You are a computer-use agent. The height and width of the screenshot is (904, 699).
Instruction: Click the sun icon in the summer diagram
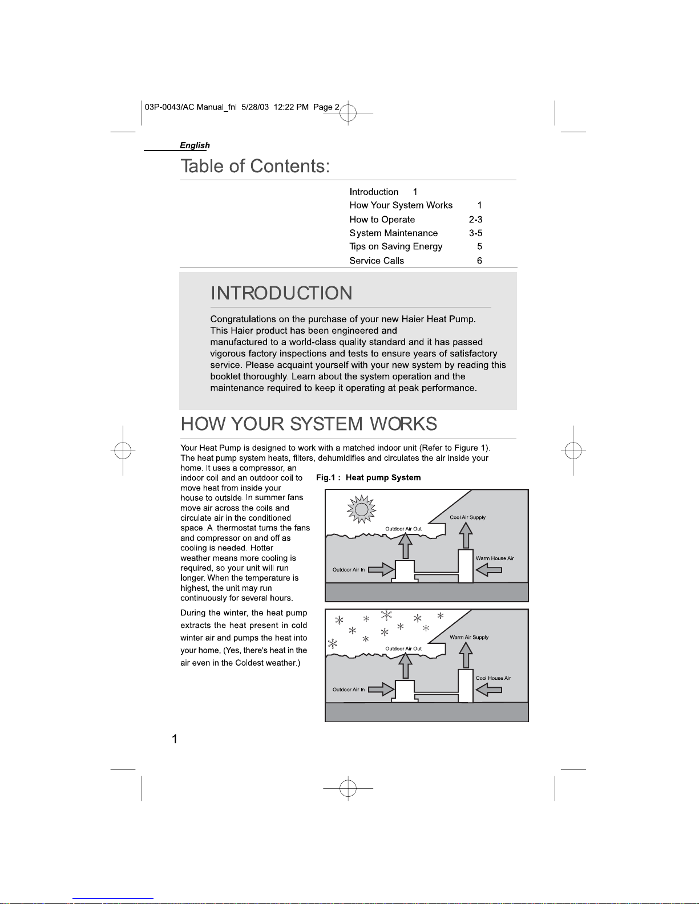pos(361,509)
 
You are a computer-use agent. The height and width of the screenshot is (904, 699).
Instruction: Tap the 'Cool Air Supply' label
pos(467,517)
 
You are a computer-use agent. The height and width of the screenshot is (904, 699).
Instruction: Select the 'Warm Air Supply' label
pos(469,637)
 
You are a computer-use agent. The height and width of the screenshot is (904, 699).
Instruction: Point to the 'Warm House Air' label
pos(495,558)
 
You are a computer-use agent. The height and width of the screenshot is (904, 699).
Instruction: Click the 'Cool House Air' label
pos(493,678)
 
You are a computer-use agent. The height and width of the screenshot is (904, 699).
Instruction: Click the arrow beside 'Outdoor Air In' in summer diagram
pos(381,569)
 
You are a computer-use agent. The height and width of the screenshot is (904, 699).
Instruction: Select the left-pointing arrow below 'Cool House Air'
pos(488,690)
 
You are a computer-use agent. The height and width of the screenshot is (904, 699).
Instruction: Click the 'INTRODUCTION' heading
pos(281,293)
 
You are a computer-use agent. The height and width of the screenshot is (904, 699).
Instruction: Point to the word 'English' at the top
pos(195,145)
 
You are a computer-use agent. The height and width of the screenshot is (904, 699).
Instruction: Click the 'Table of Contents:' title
pos(255,166)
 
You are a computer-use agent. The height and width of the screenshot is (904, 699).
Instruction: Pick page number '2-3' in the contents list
pos(475,219)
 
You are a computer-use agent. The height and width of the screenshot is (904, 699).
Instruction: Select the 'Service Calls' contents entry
pos(377,261)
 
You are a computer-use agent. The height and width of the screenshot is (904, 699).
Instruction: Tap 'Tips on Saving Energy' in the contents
pos(395,247)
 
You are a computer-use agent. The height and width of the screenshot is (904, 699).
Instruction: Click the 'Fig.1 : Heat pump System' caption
pos(368,477)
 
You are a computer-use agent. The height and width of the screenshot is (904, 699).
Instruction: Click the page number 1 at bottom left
pos(175,739)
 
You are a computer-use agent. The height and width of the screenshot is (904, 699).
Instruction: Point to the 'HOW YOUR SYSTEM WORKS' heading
pos(309,424)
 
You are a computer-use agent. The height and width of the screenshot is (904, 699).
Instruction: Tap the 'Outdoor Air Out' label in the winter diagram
pos(403,648)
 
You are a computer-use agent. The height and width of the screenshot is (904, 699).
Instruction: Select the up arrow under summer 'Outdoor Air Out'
pos(405,545)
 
